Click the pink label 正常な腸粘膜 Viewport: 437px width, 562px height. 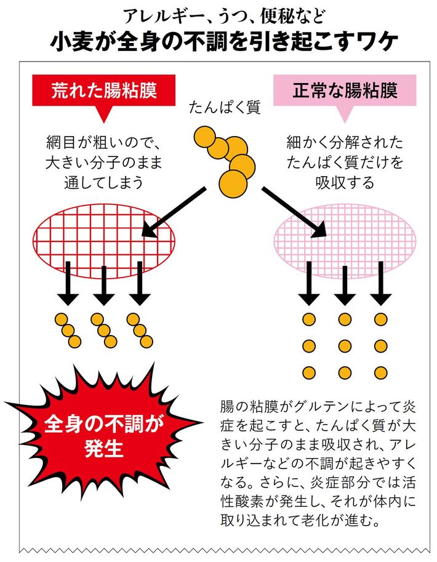click(x=345, y=90)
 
